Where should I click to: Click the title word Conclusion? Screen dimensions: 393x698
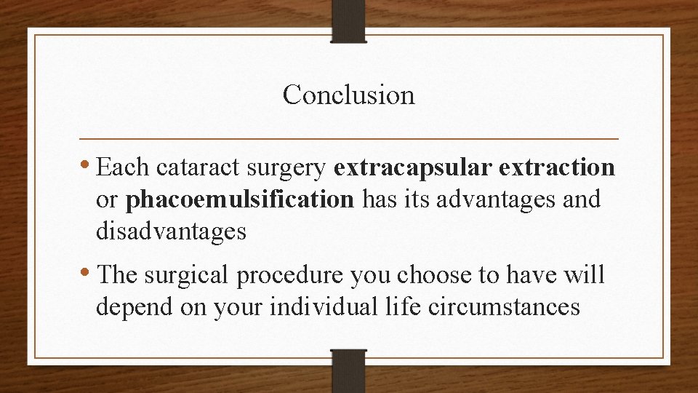coord(348,95)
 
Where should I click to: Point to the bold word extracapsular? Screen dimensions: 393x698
coord(412,169)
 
